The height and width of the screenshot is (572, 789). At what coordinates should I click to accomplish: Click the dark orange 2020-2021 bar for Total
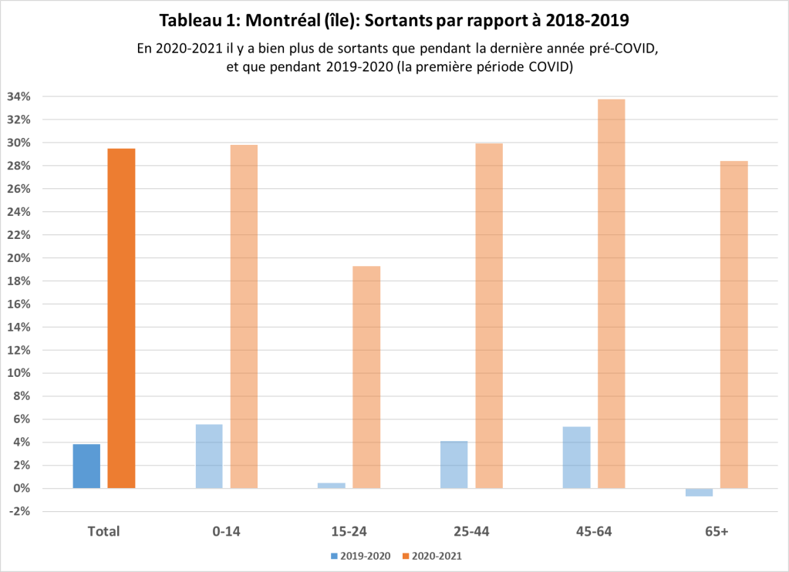click(121, 318)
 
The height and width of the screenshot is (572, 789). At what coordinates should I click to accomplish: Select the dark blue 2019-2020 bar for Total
click(86, 466)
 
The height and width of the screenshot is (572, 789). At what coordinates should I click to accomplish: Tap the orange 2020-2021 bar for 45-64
click(611, 294)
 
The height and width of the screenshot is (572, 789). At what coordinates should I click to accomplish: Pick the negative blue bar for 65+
click(699, 493)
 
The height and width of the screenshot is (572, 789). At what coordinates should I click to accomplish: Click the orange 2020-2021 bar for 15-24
click(366, 377)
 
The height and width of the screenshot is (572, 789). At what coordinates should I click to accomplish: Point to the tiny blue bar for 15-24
click(332, 486)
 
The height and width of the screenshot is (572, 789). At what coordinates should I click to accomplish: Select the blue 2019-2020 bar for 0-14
click(209, 456)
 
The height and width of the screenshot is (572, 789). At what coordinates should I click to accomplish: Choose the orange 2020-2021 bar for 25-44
click(489, 315)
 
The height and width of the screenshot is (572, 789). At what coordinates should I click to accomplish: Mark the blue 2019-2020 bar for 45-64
click(576, 457)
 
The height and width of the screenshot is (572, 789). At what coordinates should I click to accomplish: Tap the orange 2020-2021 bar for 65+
click(733, 325)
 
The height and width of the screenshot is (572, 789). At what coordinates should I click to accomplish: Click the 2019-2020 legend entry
click(360, 555)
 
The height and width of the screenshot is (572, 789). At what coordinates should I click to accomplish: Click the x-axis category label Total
click(103, 531)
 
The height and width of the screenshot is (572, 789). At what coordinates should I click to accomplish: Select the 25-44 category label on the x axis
click(470, 531)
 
